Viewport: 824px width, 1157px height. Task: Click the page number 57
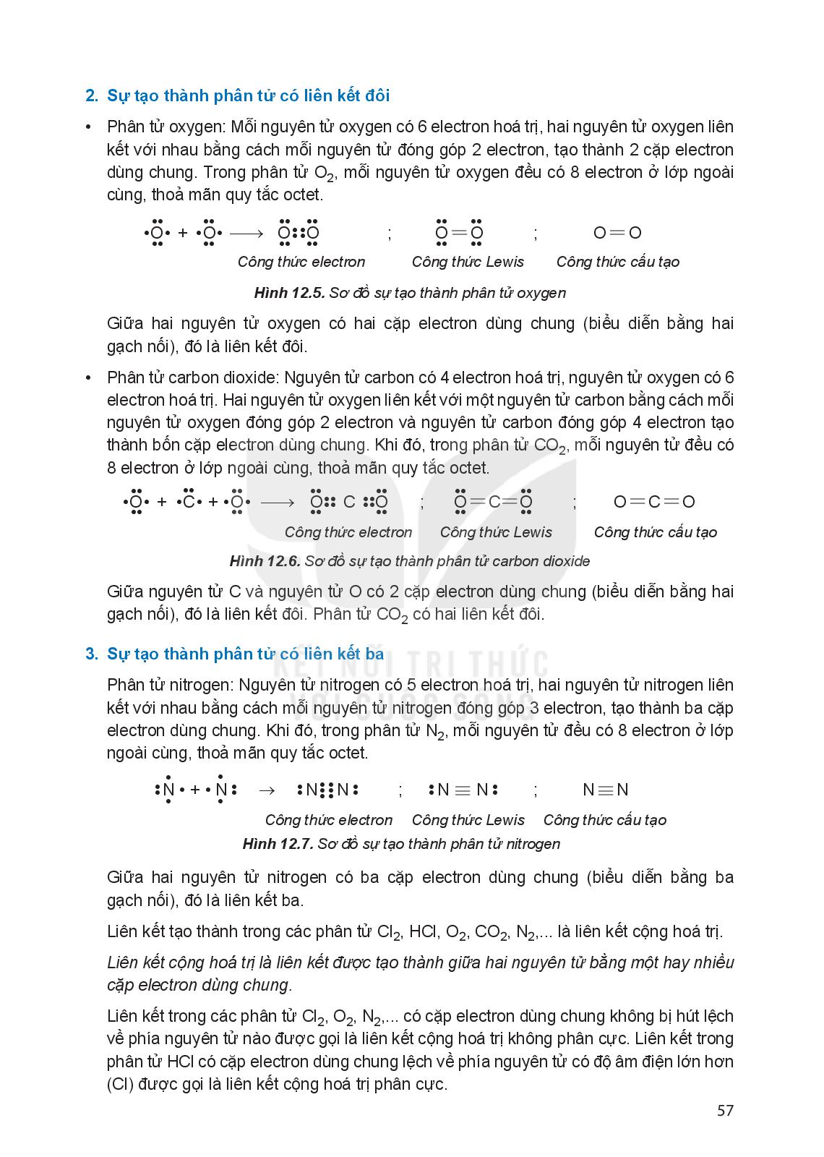725,1110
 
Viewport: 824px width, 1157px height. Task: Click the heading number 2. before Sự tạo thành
92,96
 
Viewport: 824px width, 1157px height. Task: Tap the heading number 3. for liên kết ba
92,654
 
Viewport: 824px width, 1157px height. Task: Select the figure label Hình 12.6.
264,561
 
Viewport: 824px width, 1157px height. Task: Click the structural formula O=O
617,233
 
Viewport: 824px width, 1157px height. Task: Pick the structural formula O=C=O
653,502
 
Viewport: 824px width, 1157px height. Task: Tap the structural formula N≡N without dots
606,790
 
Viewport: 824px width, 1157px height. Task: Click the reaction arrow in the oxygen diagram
247,234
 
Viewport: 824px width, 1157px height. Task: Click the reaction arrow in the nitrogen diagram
267,790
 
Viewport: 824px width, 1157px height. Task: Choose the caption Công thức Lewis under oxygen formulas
468,262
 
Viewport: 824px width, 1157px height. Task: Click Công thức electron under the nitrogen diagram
328,820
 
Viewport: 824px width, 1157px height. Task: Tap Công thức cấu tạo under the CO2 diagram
655,532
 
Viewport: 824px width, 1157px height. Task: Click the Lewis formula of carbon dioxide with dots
494,502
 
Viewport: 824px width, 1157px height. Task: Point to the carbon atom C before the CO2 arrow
189,502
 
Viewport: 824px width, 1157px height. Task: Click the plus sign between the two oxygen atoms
183,234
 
